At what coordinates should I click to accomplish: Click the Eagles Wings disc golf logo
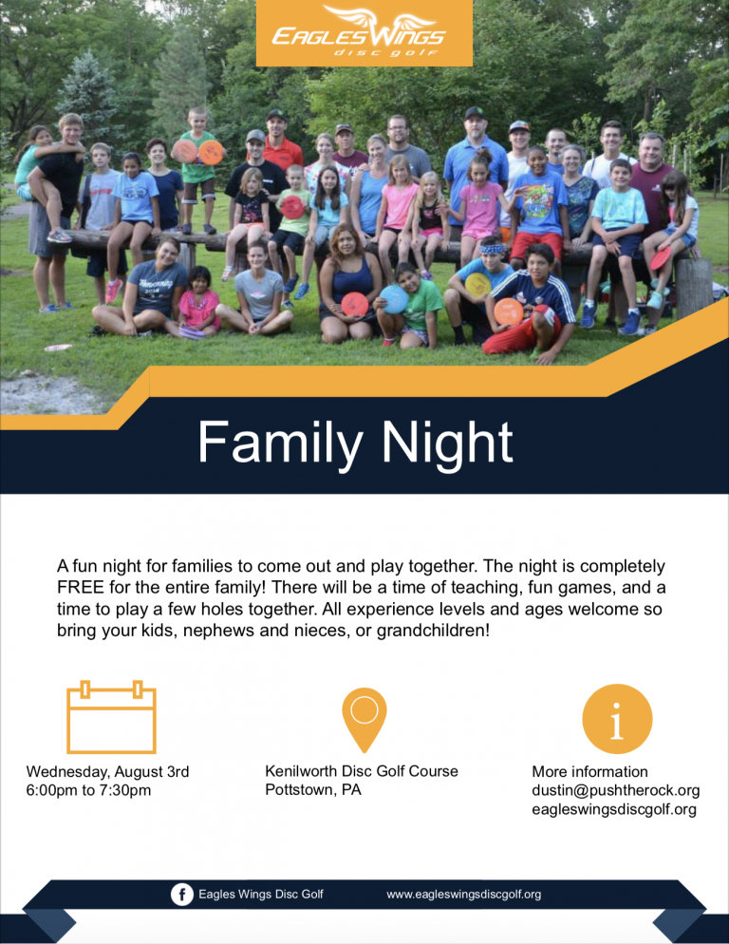[364, 32]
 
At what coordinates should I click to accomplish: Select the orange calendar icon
[111, 717]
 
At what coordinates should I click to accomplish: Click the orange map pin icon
[364, 719]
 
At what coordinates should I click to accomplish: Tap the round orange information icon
[617, 719]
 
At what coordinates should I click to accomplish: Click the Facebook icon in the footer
[181, 894]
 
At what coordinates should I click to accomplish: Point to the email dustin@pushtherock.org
[615, 790]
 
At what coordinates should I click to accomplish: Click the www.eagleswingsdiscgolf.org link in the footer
[463, 895]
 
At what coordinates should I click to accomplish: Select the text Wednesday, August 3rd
[107, 772]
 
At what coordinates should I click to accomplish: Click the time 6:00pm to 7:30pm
[88, 790]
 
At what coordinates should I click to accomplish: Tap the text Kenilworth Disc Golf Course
[362, 771]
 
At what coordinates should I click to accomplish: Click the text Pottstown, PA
[313, 790]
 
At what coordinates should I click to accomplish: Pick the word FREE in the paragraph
[81, 587]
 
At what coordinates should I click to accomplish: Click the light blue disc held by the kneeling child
[394, 299]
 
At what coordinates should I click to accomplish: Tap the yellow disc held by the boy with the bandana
[478, 284]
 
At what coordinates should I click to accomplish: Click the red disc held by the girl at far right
[660, 257]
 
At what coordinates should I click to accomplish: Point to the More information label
[590, 772]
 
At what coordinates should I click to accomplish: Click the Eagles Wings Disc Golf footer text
[261, 895]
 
